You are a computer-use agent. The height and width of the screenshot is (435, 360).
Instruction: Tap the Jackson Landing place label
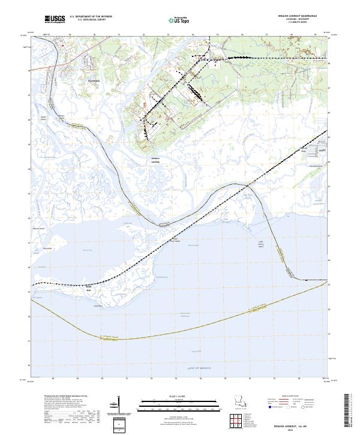pos(155,160)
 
